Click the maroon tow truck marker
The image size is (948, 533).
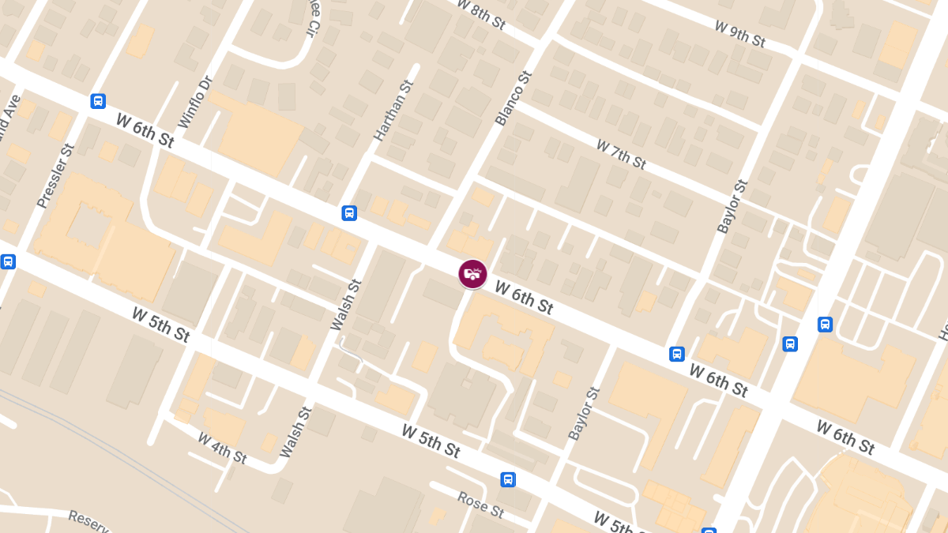(x=472, y=274)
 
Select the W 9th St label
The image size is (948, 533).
(x=740, y=33)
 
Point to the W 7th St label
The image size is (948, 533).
(x=621, y=154)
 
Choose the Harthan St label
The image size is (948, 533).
(x=393, y=111)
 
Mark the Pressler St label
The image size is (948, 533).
(x=56, y=175)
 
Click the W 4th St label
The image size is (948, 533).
(x=222, y=447)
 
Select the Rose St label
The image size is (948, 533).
(x=480, y=504)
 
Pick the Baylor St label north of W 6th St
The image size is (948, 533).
(x=732, y=207)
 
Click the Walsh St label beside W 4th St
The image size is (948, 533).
(x=296, y=432)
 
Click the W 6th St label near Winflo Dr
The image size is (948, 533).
(x=145, y=130)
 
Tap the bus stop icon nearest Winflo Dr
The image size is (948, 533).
(x=98, y=101)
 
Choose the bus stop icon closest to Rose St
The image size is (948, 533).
(x=508, y=479)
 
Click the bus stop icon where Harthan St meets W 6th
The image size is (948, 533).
(x=349, y=213)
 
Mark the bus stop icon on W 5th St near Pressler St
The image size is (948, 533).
(x=8, y=261)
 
